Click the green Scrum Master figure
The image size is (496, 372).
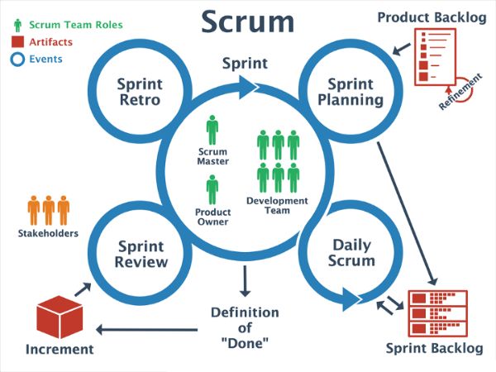pyautogui.click(x=212, y=131)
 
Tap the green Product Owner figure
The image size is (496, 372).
pyautogui.click(x=212, y=189)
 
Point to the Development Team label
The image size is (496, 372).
pyautogui.click(x=277, y=205)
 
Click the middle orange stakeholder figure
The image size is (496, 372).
pyautogui.click(x=49, y=211)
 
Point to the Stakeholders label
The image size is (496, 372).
pyautogui.click(x=49, y=233)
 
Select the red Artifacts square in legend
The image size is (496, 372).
pyautogui.click(x=18, y=41)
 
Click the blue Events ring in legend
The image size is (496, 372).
pyautogui.click(x=18, y=59)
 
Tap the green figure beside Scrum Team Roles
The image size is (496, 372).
pyautogui.click(x=18, y=24)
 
